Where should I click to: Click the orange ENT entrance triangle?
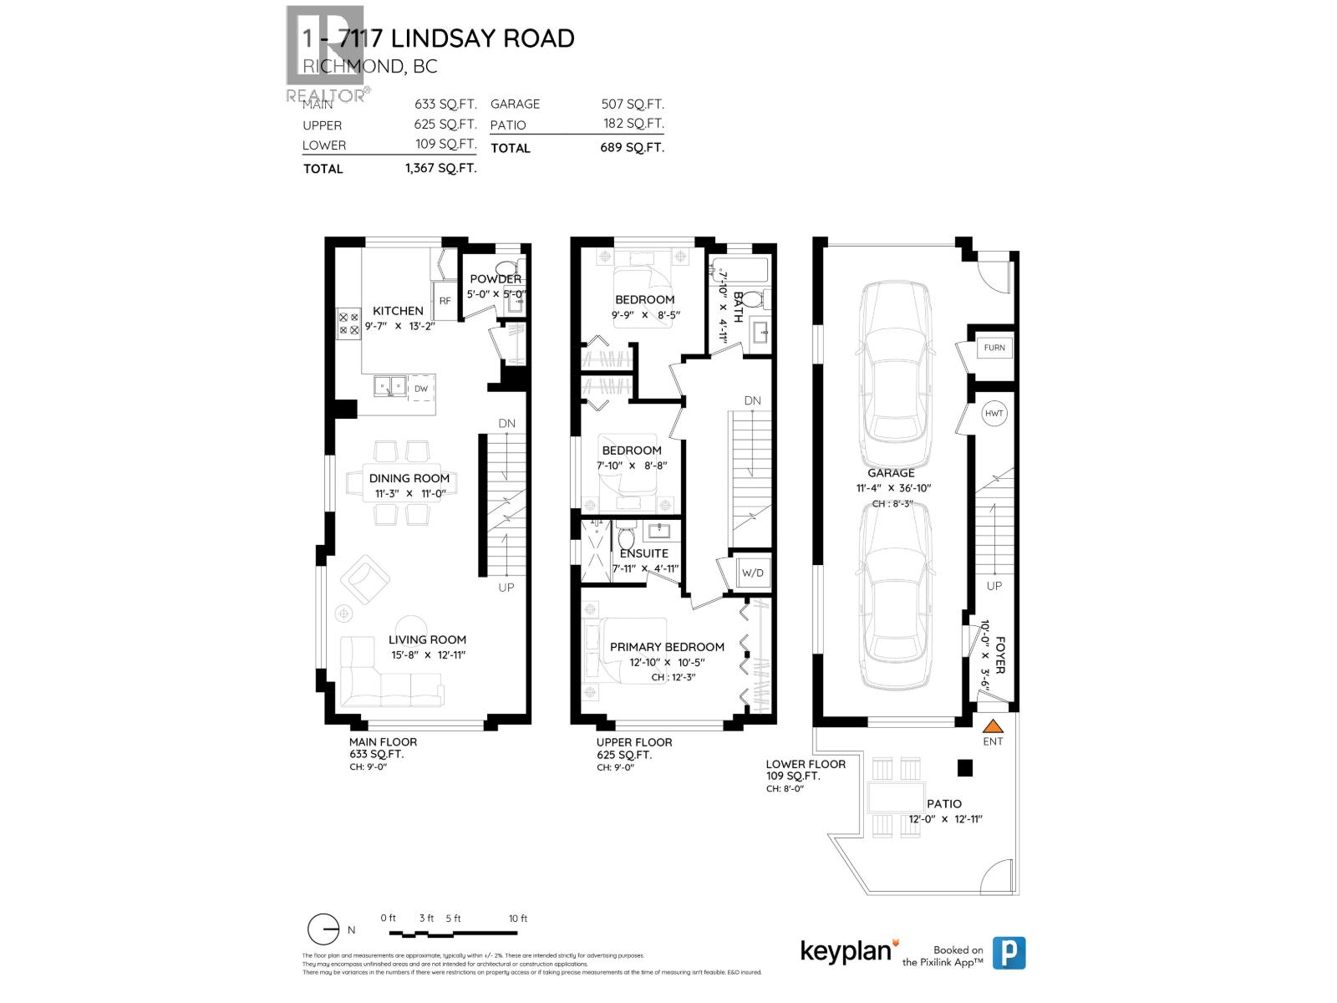pyautogui.click(x=993, y=726)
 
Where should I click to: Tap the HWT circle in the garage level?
pyautogui.click(x=994, y=414)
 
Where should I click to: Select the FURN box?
pyautogui.click(x=994, y=348)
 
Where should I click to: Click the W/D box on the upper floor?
pyautogui.click(x=753, y=573)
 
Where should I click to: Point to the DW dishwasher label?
pyautogui.click(x=421, y=389)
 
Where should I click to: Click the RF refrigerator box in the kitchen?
pyautogui.click(x=445, y=301)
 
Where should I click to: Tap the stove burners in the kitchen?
pyautogui.click(x=348, y=323)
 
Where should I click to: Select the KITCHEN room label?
pyautogui.click(x=398, y=311)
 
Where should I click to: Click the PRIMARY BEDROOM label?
pyautogui.click(x=667, y=647)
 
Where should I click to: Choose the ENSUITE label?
pyautogui.click(x=644, y=553)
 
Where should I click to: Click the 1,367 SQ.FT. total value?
pyautogui.click(x=440, y=168)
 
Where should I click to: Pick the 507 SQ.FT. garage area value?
pyautogui.click(x=633, y=104)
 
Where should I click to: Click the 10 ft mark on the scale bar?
pyautogui.click(x=518, y=919)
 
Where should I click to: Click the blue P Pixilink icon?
pyautogui.click(x=1009, y=953)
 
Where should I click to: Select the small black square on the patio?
pyautogui.click(x=965, y=767)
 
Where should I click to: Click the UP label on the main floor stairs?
pyautogui.click(x=506, y=588)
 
